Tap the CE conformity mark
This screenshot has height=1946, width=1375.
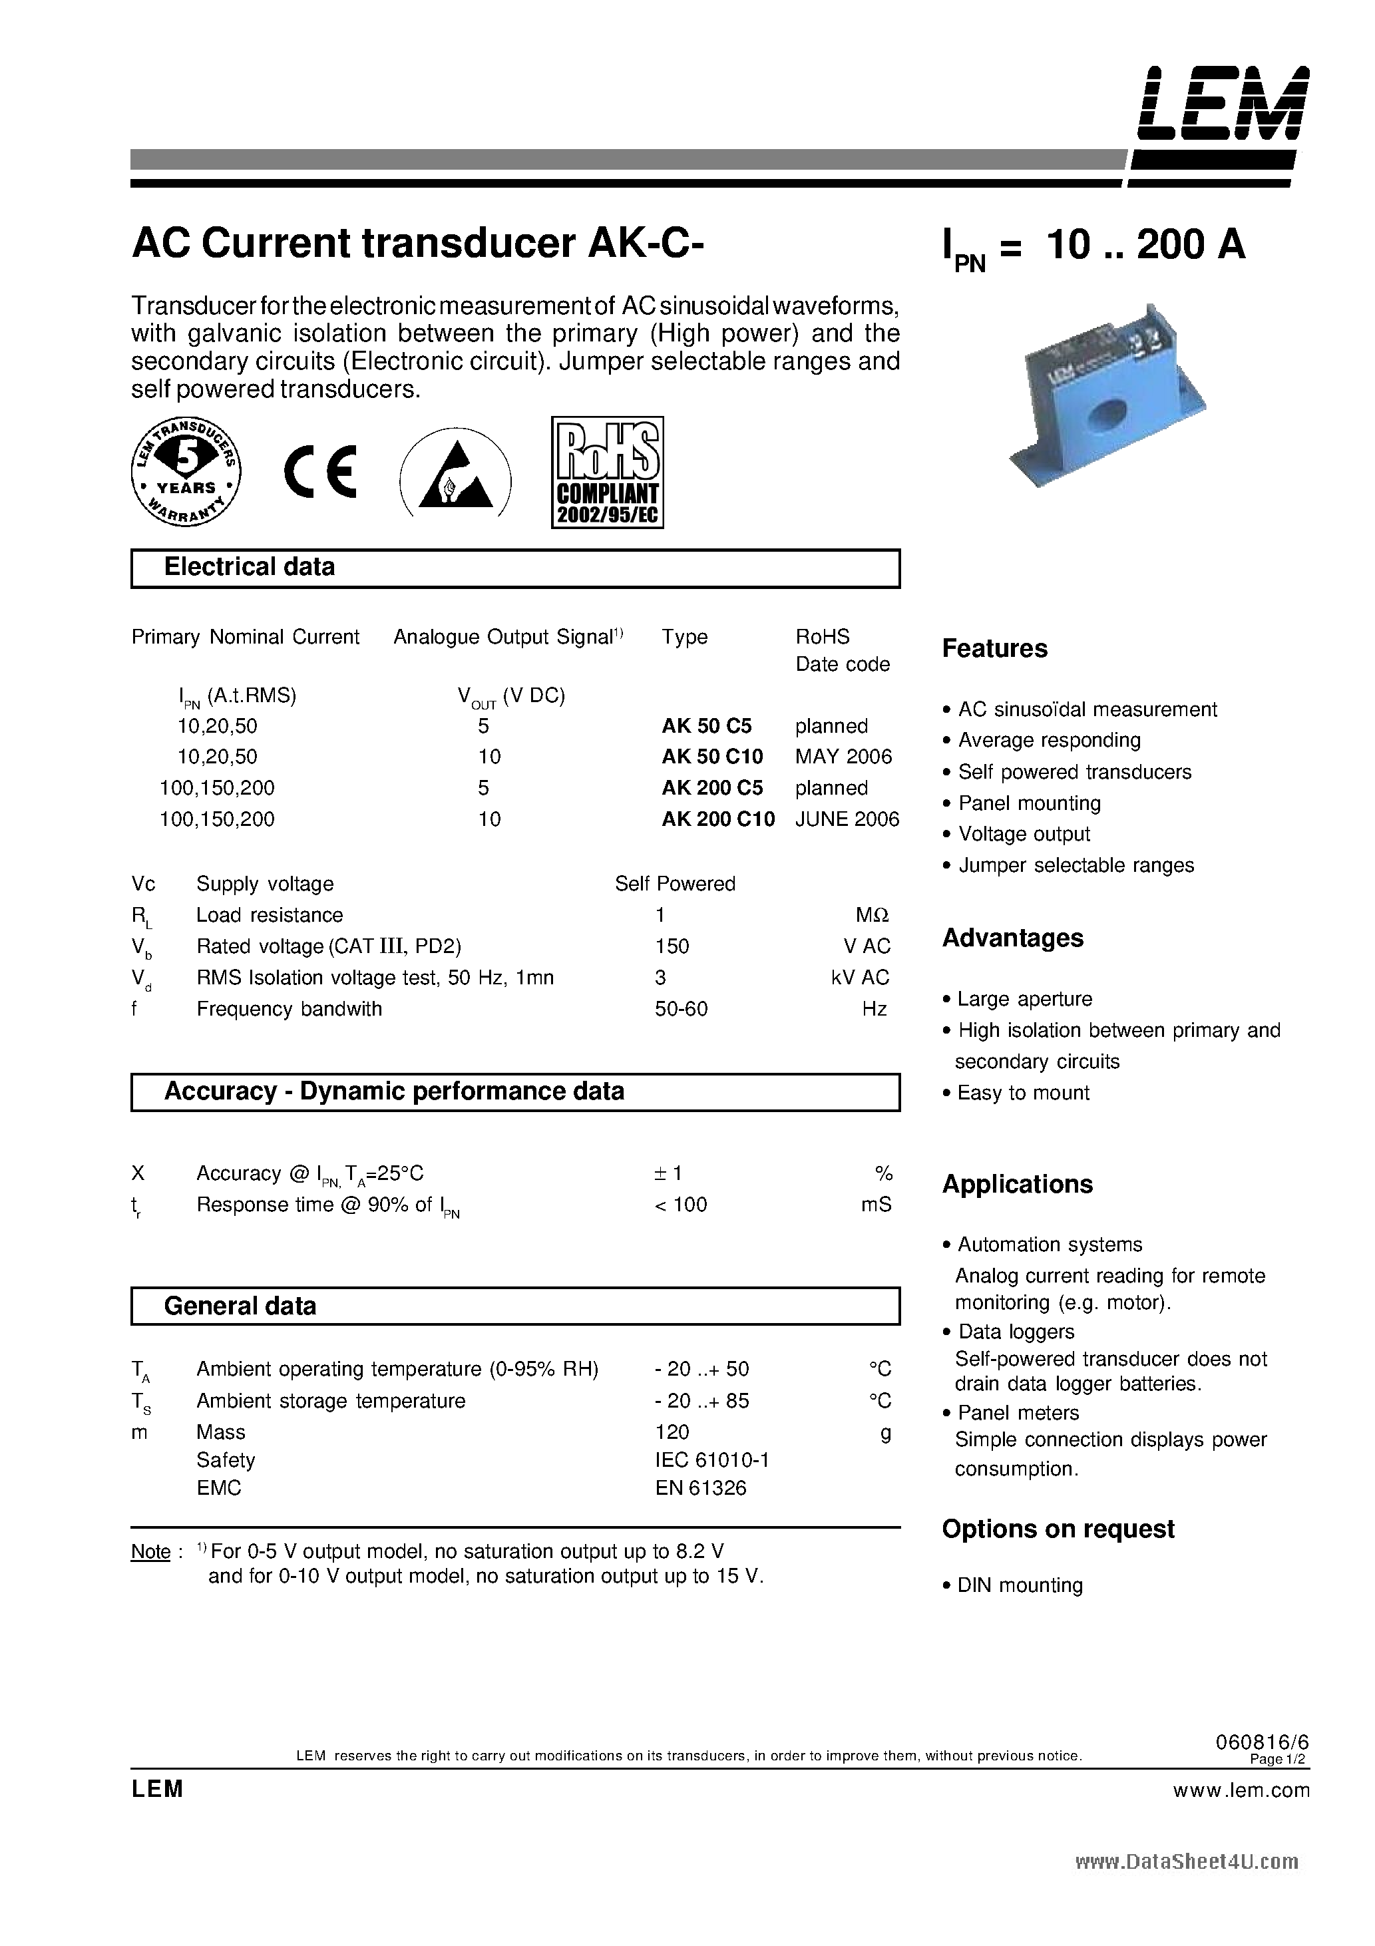point(319,472)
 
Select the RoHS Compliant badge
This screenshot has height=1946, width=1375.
point(607,472)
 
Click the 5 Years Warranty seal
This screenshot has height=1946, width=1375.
point(186,472)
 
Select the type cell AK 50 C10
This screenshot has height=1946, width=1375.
point(712,756)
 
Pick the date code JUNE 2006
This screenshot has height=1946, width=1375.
point(847,819)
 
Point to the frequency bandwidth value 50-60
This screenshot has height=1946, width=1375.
point(681,1008)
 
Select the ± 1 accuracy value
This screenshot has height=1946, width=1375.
point(668,1173)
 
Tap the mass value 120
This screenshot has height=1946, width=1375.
point(672,1432)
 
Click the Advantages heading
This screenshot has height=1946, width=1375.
point(1012,938)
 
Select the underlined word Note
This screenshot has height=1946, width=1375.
point(151,1552)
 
